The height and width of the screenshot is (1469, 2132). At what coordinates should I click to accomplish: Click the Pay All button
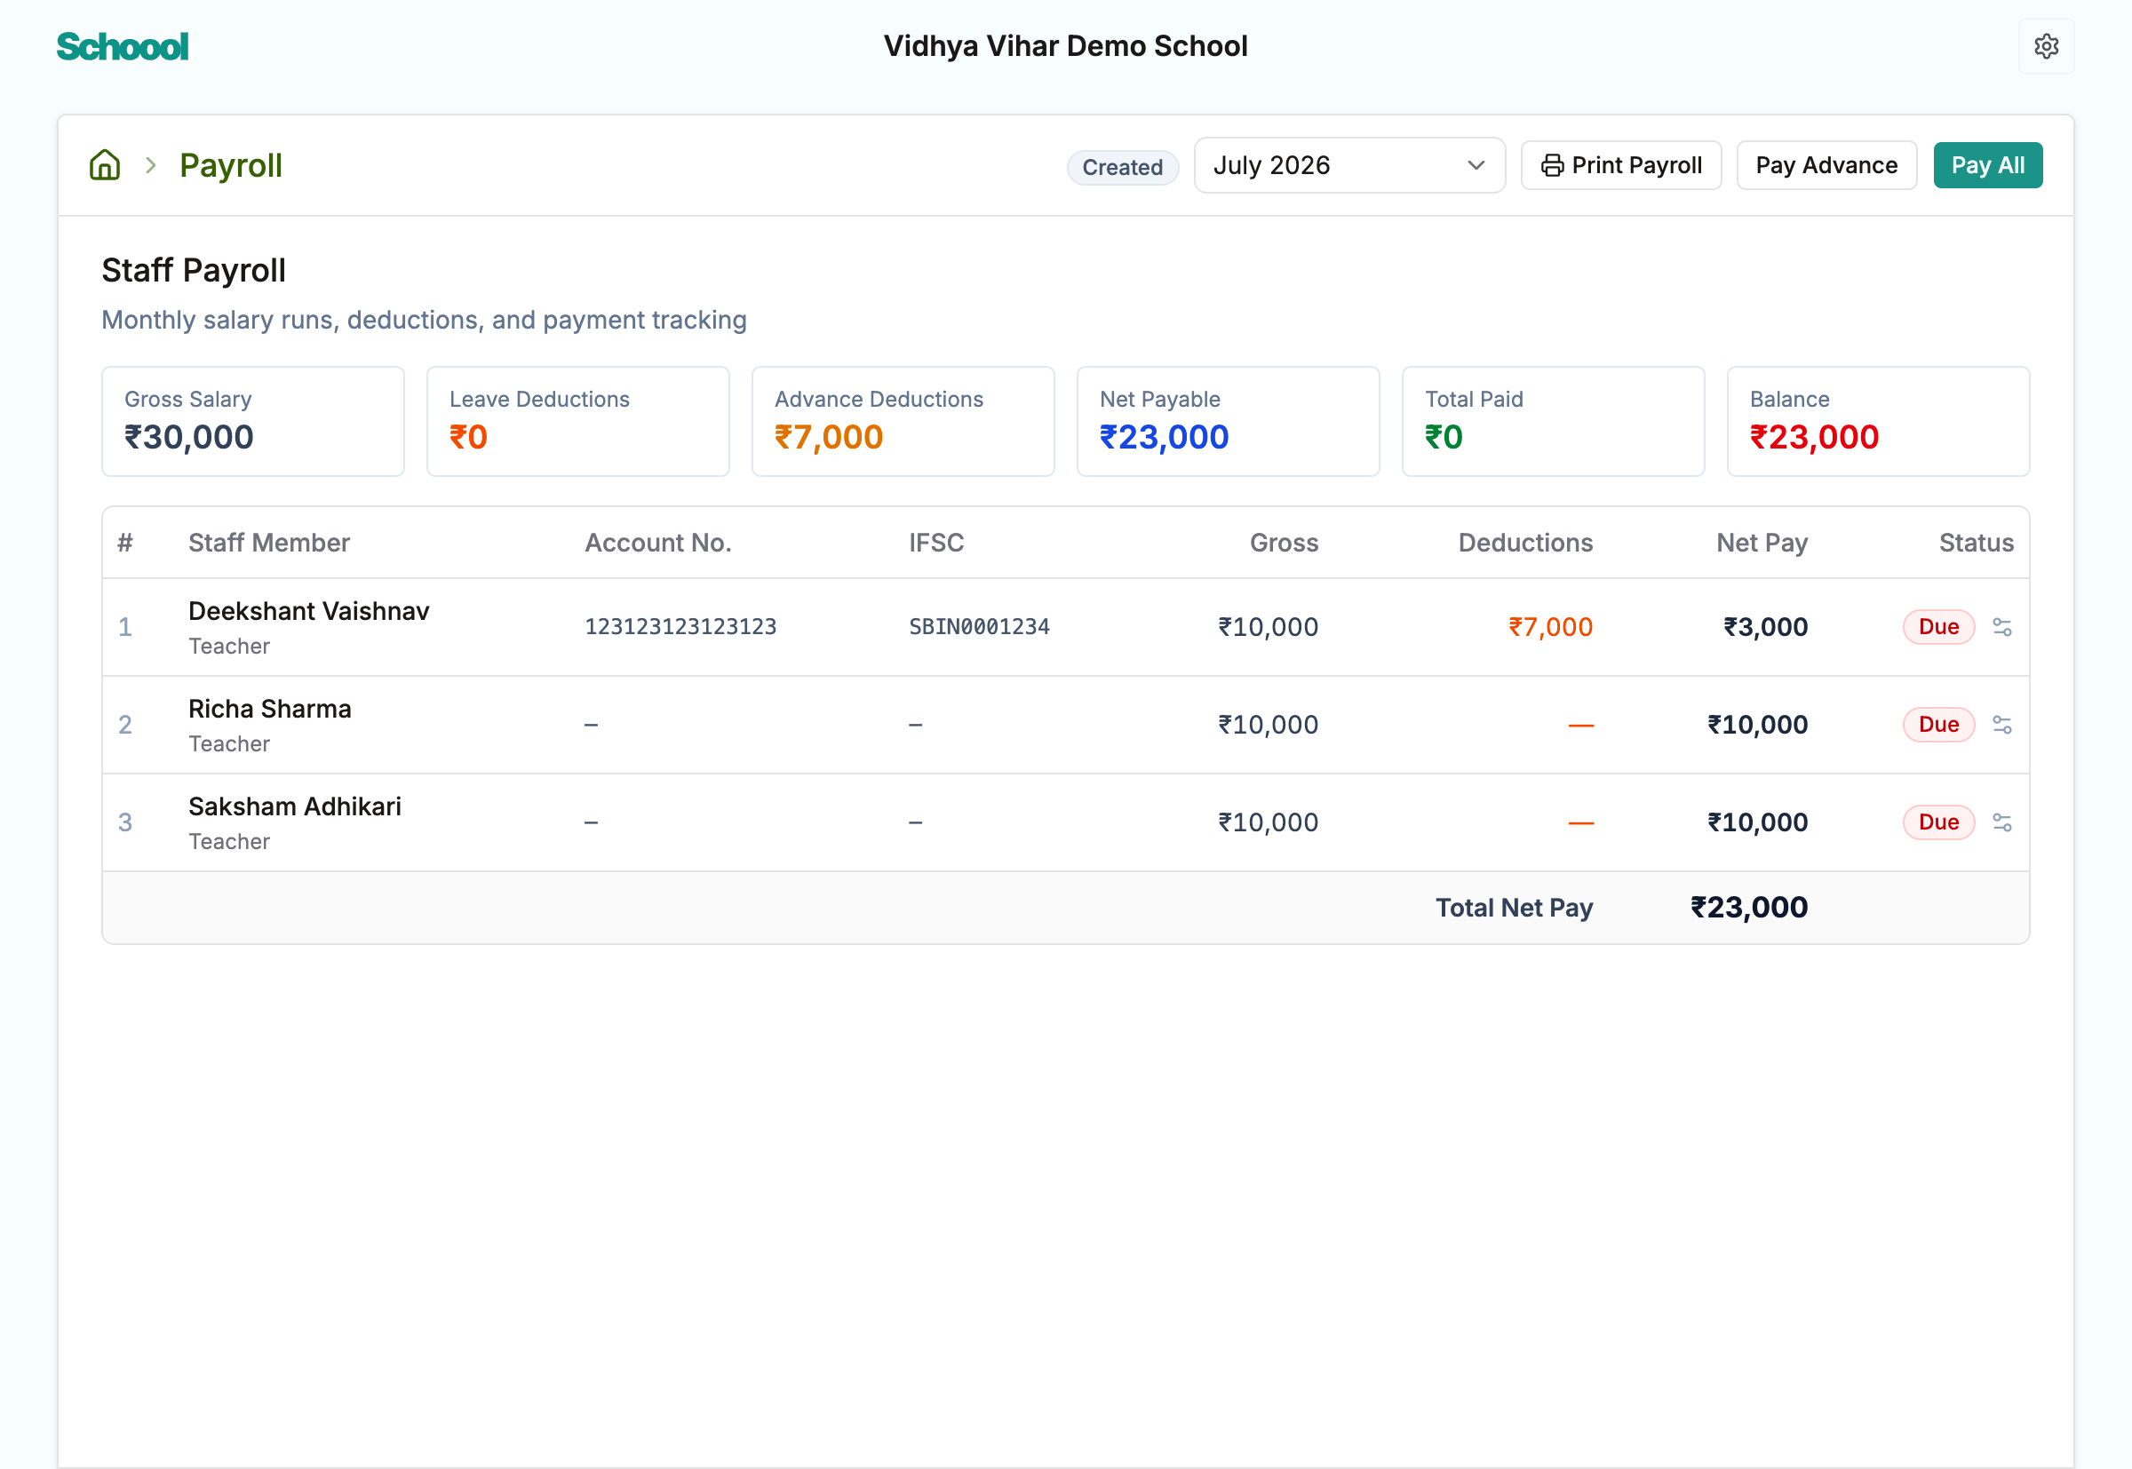point(1986,166)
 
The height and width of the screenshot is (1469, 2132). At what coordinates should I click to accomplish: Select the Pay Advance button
point(1826,166)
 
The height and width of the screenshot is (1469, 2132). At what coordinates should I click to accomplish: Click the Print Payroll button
point(1620,166)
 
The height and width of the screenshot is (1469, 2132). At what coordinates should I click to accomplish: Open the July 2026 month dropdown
point(1348,166)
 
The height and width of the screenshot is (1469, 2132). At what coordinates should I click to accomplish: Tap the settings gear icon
point(2046,46)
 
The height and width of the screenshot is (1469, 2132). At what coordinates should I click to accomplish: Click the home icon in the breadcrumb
point(105,166)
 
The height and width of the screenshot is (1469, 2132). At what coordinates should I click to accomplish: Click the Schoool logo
point(123,47)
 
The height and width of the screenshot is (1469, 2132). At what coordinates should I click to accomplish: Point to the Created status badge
point(1122,168)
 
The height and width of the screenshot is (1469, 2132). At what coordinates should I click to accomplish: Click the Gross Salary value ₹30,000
point(188,437)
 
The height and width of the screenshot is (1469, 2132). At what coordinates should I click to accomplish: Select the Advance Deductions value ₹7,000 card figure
point(829,437)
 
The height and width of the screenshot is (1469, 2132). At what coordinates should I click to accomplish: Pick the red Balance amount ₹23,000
point(1813,437)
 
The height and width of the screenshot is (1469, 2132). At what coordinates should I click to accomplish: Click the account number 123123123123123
point(680,627)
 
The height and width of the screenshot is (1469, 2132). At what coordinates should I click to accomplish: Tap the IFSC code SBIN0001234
point(979,627)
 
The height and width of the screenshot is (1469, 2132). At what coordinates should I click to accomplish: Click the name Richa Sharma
point(270,709)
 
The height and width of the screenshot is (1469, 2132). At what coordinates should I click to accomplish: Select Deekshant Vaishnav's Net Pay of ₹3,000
point(1765,627)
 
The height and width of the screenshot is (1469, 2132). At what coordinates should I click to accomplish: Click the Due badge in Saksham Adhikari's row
point(1937,822)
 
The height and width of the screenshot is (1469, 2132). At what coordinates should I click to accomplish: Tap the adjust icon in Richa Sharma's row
point(2001,726)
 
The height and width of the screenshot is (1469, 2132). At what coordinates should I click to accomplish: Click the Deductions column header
point(1524,543)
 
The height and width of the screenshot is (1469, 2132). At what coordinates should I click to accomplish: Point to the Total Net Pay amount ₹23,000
point(1748,908)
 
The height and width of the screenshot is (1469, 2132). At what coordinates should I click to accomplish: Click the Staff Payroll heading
point(194,271)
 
